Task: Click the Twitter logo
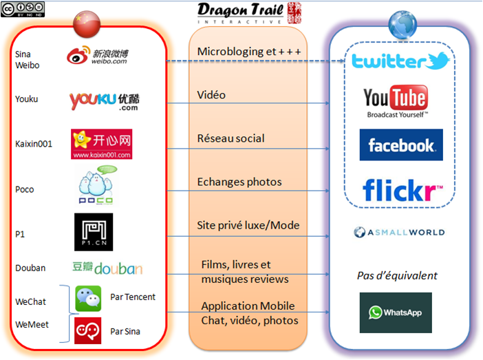pos(400,62)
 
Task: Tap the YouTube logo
pos(396,102)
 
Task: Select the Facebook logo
pos(400,145)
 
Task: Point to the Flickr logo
pos(402,189)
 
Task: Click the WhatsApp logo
pos(395,313)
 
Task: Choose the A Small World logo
pos(399,233)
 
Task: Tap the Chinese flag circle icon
pos(86,24)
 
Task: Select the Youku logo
pos(104,101)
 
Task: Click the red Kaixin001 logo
pos(101,144)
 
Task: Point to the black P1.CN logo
pos(94,232)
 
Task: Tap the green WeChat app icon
pos(88,299)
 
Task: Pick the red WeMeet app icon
pos(88,330)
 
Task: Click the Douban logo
pos(107,268)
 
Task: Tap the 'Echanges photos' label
pos(239,182)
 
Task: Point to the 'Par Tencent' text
pos(133,297)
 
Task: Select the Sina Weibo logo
pos(98,56)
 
